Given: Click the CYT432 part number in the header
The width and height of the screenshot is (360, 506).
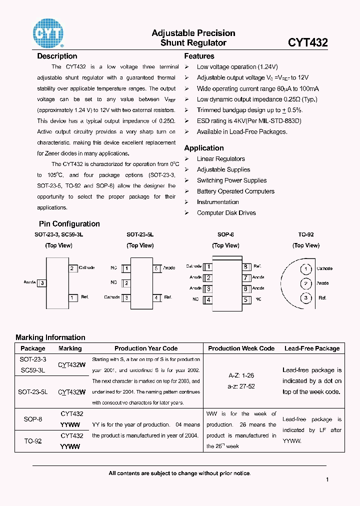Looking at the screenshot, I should point(307,43).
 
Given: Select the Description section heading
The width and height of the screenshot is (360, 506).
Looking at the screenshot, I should point(57,56).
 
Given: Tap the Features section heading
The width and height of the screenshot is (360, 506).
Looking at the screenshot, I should point(199,56).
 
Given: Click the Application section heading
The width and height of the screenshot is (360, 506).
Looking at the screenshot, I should point(204,148).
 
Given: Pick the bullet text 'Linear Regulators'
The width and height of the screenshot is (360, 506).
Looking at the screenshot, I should point(220,159).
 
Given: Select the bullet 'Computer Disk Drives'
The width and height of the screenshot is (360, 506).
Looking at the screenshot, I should point(226,213).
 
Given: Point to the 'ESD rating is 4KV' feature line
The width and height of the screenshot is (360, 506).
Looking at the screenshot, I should point(249,121).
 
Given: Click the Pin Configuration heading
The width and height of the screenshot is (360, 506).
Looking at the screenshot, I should point(69,224).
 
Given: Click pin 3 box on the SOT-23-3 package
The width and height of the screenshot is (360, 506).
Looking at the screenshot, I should point(42,283).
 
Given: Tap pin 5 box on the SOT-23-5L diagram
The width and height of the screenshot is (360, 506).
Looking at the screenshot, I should point(156,268).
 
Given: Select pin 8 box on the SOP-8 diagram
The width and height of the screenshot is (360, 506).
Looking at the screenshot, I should point(246,267).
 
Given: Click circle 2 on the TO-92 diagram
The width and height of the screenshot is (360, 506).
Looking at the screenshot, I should point(306,283).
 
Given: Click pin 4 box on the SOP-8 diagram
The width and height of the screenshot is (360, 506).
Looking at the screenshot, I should point(208,300).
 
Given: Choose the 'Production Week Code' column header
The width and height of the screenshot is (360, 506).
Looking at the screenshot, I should point(241,348).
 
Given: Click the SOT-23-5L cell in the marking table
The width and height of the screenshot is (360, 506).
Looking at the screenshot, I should point(33,392).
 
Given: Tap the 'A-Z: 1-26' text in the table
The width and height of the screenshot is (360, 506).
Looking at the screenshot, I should point(241,375).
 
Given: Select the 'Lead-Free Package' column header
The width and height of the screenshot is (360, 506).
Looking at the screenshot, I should point(312,348).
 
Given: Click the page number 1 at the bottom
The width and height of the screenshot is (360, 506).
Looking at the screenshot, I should point(327,480).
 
